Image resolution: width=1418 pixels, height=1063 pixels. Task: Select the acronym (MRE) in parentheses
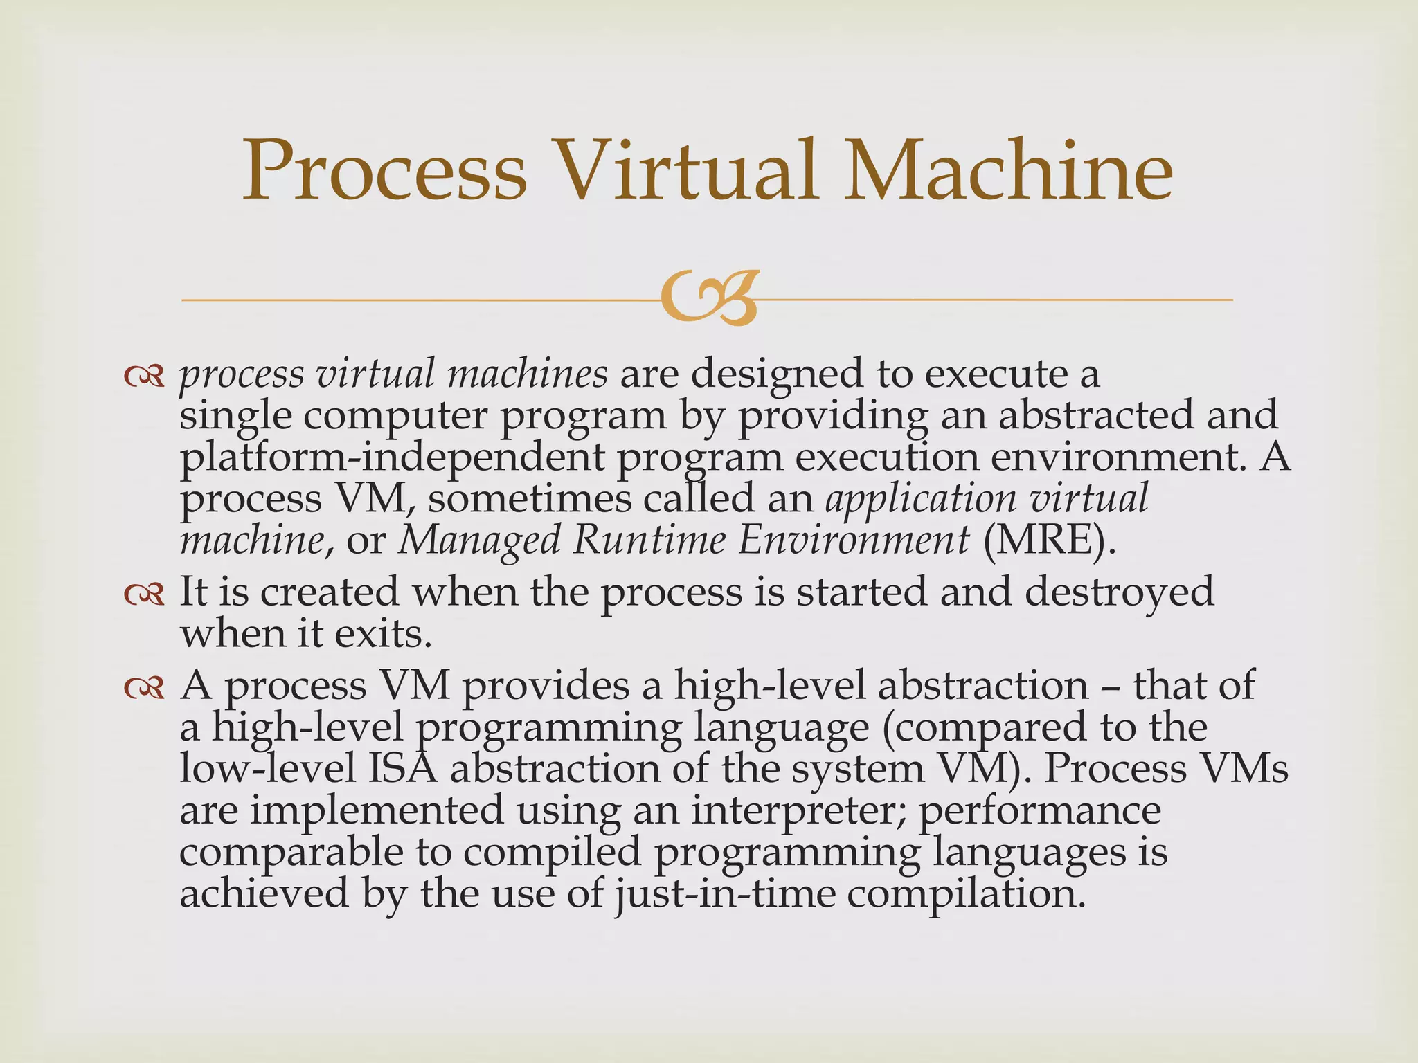coord(1050,540)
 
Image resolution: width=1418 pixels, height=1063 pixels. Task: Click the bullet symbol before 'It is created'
coord(144,593)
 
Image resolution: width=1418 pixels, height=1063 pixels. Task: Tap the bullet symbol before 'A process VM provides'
coord(144,687)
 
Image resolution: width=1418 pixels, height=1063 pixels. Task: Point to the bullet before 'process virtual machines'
coord(144,376)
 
